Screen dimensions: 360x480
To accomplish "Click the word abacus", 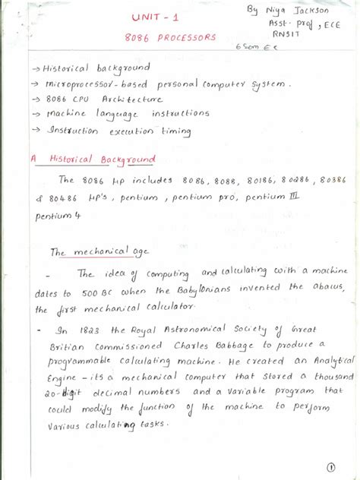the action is click(x=328, y=291).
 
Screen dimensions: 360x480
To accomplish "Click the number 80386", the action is click(x=337, y=181).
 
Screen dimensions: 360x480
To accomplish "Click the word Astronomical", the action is click(x=185, y=329).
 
